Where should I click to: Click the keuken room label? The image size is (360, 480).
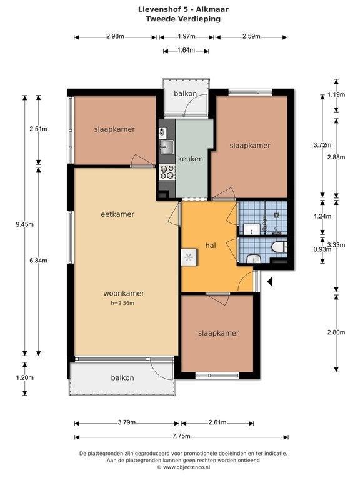(x=191, y=159)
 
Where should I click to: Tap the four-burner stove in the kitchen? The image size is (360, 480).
(x=167, y=172)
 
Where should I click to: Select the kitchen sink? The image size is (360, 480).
(x=166, y=147)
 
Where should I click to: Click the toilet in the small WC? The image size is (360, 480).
(x=279, y=247)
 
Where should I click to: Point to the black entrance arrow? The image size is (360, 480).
(x=270, y=282)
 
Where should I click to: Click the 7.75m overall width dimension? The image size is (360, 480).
(x=181, y=436)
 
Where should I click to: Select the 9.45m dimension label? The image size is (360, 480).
(x=25, y=224)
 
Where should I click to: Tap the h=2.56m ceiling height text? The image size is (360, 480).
(x=122, y=303)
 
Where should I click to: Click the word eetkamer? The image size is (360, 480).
(x=117, y=214)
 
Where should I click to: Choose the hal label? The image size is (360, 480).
(x=211, y=246)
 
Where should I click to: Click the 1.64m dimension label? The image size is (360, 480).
(x=186, y=50)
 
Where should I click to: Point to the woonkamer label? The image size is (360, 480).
(x=124, y=293)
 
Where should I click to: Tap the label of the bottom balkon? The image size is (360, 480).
(x=122, y=377)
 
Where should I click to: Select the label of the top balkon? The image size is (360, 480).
(x=185, y=93)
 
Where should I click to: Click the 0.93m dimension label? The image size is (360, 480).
(x=322, y=249)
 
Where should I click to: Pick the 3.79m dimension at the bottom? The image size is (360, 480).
(x=127, y=422)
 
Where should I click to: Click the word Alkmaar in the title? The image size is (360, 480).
(x=212, y=9)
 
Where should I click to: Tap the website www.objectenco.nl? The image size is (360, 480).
(x=186, y=467)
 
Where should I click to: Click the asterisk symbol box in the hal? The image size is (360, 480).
(x=189, y=257)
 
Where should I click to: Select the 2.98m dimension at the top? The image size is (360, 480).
(x=115, y=36)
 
